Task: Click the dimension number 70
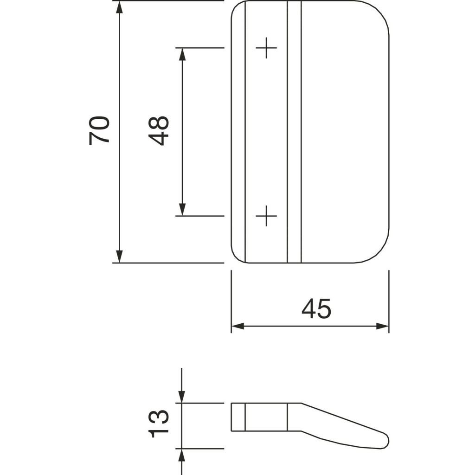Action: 99,130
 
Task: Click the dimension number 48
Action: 159,131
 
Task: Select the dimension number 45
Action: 316,308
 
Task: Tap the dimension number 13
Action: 159,424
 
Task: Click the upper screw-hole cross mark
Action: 266,48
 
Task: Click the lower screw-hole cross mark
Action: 266,216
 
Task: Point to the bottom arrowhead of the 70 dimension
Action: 120,257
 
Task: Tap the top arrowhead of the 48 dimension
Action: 182,54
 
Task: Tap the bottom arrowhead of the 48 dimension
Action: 182,210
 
